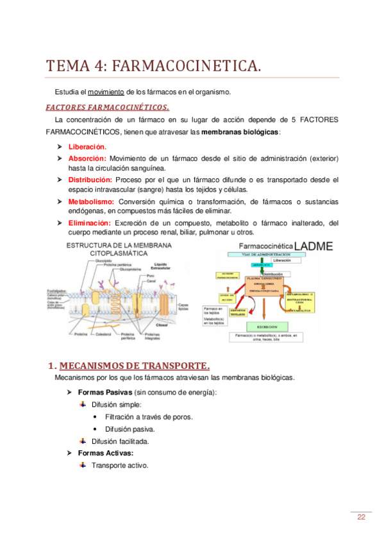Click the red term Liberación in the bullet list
[x=87, y=146]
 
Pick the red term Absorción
[x=87, y=158]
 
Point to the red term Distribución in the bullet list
[x=90, y=180]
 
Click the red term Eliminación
[x=90, y=223]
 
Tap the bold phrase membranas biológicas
[x=240, y=132]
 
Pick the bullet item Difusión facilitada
[x=121, y=441]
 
